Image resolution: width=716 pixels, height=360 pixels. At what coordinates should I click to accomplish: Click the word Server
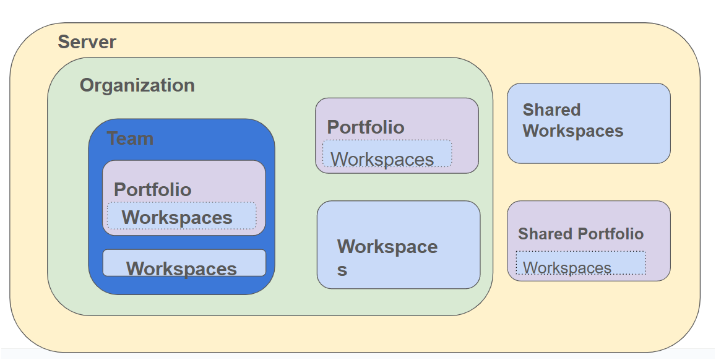click(87, 42)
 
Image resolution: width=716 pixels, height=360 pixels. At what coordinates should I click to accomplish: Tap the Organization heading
click(137, 86)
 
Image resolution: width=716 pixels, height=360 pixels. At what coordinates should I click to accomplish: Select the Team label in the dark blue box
click(130, 139)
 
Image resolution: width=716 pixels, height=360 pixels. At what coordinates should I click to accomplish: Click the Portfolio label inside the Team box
click(152, 190)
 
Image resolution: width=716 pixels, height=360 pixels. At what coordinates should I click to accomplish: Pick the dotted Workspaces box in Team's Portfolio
click(182, 216)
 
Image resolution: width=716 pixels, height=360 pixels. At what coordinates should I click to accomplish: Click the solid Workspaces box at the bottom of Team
click(184, 263)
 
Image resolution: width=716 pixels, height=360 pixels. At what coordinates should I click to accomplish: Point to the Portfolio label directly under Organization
click(366, 127)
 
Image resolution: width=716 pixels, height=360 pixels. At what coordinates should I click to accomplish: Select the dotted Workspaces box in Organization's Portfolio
click(387, 154)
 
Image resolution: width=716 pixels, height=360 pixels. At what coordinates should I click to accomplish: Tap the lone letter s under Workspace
click(342, 270)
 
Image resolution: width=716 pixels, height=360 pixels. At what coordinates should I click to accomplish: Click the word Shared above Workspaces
click(551, 110)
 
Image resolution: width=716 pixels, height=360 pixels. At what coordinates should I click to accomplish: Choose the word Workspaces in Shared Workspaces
click(573, 131)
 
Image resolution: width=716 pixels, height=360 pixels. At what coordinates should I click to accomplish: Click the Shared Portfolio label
click(581, 234)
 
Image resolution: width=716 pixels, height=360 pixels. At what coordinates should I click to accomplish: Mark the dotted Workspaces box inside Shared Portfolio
click(581, 263)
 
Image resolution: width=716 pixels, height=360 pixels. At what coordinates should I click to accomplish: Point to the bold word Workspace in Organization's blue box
click(387, 247)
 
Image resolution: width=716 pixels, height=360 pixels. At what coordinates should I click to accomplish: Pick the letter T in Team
click(113, 139)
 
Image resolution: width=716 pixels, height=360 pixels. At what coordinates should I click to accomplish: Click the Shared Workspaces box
click(589, 123)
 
